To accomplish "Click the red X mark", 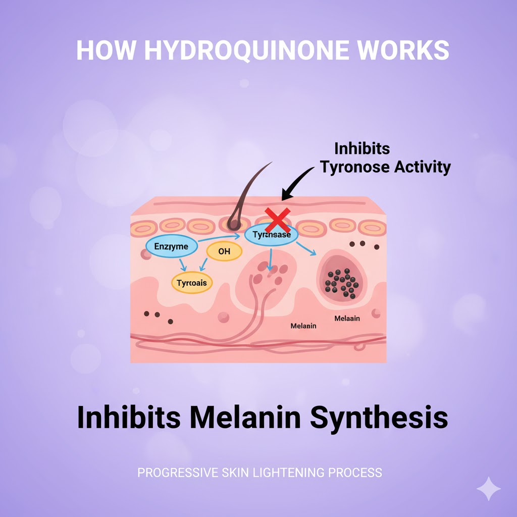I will [x=278, y=220].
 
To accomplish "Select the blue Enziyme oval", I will [x=171, y=246].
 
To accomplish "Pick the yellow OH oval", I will [x=224, y=250].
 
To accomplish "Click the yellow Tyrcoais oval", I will [x=192, y=283].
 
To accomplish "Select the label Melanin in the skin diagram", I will [x=303, y=326].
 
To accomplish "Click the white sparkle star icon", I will [x=489, y=488].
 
